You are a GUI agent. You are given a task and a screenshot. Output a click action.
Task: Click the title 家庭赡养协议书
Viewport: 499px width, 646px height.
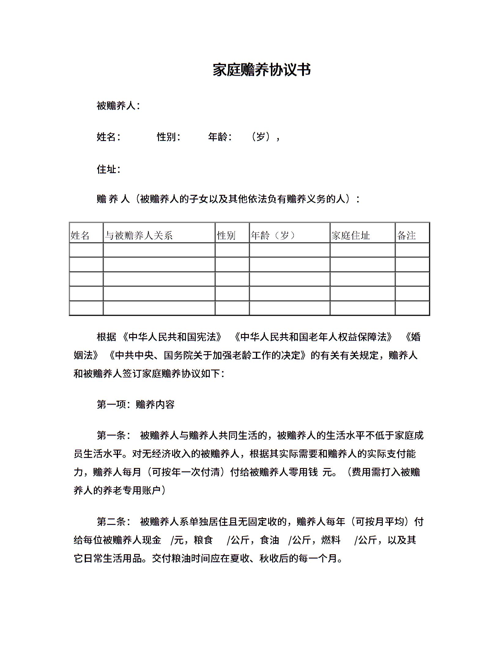click(x=262, y=70)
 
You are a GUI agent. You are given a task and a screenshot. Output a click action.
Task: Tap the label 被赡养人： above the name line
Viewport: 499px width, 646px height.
click(x=118, y=106)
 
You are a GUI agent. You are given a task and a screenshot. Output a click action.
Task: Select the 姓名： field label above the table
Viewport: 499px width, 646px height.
click(x=109, y=137)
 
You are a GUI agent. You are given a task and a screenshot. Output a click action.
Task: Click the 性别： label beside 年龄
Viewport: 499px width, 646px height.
click(x=168, y=137)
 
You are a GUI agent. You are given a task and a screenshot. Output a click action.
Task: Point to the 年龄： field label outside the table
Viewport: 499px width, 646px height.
click(x=220, y=137)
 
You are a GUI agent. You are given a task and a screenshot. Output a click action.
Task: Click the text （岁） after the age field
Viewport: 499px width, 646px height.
click(x=261, y=137)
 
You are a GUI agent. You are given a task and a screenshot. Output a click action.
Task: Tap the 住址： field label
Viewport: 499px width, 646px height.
click(x=109, y=169)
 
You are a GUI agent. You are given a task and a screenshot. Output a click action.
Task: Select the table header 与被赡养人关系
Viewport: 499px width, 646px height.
click(x=139, y=235)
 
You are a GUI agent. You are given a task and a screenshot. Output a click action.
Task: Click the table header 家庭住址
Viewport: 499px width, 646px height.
click(x=350, y=235)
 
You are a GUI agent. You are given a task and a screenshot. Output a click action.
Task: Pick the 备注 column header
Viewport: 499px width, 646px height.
click(x=406, y=235)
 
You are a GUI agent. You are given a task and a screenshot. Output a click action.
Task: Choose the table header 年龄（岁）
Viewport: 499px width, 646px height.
click(x=273, y=235)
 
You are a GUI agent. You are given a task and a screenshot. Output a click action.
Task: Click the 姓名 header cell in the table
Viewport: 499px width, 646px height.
click(x=80, y=235)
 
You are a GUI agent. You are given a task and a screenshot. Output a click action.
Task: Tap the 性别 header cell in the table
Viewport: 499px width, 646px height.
click(x=226, y=235)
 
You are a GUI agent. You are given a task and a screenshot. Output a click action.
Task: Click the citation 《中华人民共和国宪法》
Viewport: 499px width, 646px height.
click(x=172, y=337)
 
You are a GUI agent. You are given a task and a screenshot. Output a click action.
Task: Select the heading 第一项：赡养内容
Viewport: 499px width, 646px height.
click(x=135, y=405)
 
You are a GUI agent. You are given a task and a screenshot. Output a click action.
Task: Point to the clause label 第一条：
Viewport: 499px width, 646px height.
click(x=114, y=436)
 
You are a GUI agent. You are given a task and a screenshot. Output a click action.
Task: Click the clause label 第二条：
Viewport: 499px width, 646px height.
click(x=114, y=522)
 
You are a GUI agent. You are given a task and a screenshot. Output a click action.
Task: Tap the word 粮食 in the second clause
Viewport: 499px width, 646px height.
click(x=203, y=540)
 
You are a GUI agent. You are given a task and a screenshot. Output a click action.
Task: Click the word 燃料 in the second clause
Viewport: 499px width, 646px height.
click(x=331, y=540)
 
